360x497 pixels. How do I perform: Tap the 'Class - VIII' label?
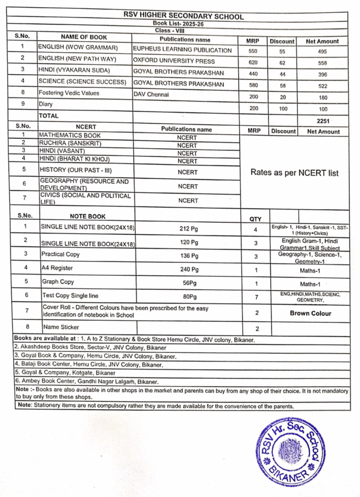183,30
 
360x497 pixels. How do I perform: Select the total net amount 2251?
323,121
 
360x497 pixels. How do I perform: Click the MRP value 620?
254,63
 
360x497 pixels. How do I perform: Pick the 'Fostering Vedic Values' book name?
69,93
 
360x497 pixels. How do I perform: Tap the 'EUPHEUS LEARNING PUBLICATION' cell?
182,50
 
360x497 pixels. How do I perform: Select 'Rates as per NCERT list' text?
294,172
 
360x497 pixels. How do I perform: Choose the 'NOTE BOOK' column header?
87,216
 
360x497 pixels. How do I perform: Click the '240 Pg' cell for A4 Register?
189,269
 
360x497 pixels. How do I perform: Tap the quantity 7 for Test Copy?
255,296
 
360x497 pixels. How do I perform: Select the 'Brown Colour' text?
310,313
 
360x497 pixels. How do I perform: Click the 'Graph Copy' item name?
58,282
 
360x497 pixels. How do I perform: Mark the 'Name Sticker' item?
61,327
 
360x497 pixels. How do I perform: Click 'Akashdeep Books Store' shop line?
90,348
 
